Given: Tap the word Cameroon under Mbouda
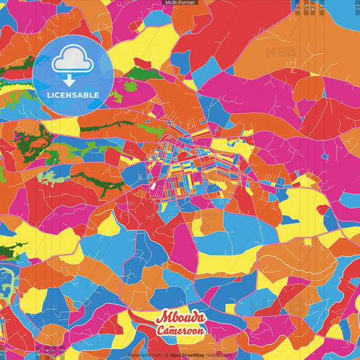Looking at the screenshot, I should (180, 331).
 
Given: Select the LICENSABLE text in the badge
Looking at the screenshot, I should (73, 95).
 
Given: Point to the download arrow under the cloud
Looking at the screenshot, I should (70, 79).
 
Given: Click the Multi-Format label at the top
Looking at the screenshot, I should (180, 3).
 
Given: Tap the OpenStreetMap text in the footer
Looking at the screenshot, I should (188, 355).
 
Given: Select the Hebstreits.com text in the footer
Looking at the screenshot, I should (145, 355).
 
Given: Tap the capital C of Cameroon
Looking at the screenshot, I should (161, 331).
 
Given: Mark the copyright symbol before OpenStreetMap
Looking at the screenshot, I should (166, 355).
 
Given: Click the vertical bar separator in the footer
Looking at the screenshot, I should (161, 355).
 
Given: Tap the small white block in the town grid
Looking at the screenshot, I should (153, 184).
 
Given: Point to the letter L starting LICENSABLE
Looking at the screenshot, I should (49, 95).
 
